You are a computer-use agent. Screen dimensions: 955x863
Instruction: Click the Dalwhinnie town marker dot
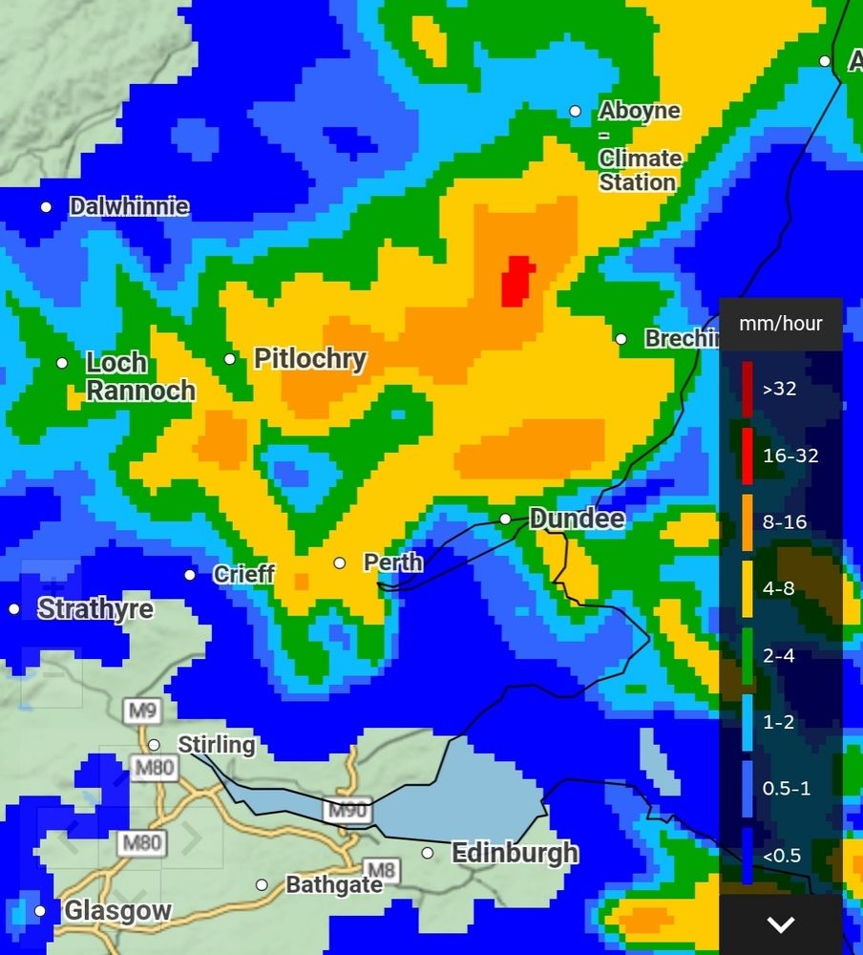(x=46, y=207)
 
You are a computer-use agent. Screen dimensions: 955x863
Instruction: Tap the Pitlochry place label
(x=309, y=359)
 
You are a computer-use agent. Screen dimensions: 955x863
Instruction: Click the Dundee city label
(x=577, y=519)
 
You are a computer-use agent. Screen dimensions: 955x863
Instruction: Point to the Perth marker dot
(x=339, y=562)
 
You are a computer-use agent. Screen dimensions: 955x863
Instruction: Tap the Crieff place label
(x=243, y=574)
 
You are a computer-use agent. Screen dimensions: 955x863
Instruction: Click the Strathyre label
(x=95, y=609)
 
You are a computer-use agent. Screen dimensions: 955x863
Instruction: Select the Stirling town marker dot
(x=154, y=745)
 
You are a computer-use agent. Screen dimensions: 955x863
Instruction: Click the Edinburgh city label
(x=515, y=852)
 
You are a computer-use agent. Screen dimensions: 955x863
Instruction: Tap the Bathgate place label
(x=334, y=885)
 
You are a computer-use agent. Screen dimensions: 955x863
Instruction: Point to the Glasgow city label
(x=117, y=911)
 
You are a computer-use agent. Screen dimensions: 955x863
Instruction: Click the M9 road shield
(x=138, y=711)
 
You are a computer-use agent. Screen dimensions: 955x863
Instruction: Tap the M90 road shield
(x=346, y=811)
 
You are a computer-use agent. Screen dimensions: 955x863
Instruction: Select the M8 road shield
(x=381, y=870)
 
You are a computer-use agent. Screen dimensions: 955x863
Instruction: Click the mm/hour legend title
(x=780, y=324)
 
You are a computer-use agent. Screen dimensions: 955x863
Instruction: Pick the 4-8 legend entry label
(x=778, y=589)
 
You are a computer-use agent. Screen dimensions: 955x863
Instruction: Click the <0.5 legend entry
(x=781, y=856)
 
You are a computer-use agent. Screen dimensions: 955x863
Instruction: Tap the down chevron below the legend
(x=781, y=924)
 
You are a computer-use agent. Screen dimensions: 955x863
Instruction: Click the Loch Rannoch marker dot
(x=62, y=363)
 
